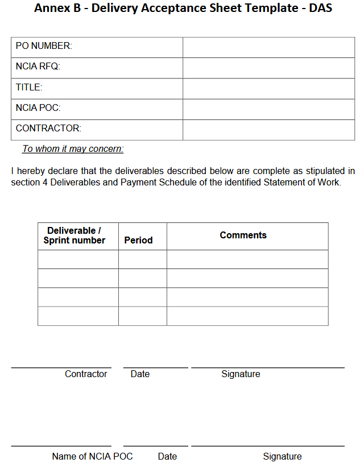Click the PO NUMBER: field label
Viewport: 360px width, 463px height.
coord(44,46)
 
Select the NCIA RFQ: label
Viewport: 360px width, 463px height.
coord(38,67)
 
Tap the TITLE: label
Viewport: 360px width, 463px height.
coord(29,87)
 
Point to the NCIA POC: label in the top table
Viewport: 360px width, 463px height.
coord(38,108)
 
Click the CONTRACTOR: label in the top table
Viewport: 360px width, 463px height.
coord(48,128)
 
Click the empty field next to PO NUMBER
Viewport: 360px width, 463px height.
coord(268,47)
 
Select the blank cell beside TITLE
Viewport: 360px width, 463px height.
coord(268,88)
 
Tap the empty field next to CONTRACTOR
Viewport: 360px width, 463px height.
coord(268,129)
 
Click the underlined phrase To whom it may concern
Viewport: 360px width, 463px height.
coord(73,149)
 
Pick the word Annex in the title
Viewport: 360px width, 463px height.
coord(50,9)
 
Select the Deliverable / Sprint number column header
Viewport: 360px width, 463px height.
coord(75,235)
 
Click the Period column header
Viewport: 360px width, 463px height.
coord(138,240)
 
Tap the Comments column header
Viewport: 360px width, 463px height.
coord(243,235)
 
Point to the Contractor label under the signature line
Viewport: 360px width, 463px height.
coord(86,374)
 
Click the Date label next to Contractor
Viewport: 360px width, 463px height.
coord(140,374)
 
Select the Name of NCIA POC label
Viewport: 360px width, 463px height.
coord(92,456)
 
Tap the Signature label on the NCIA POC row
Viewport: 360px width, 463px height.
coord(282,456)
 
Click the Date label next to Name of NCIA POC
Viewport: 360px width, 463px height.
coord(167,456)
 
